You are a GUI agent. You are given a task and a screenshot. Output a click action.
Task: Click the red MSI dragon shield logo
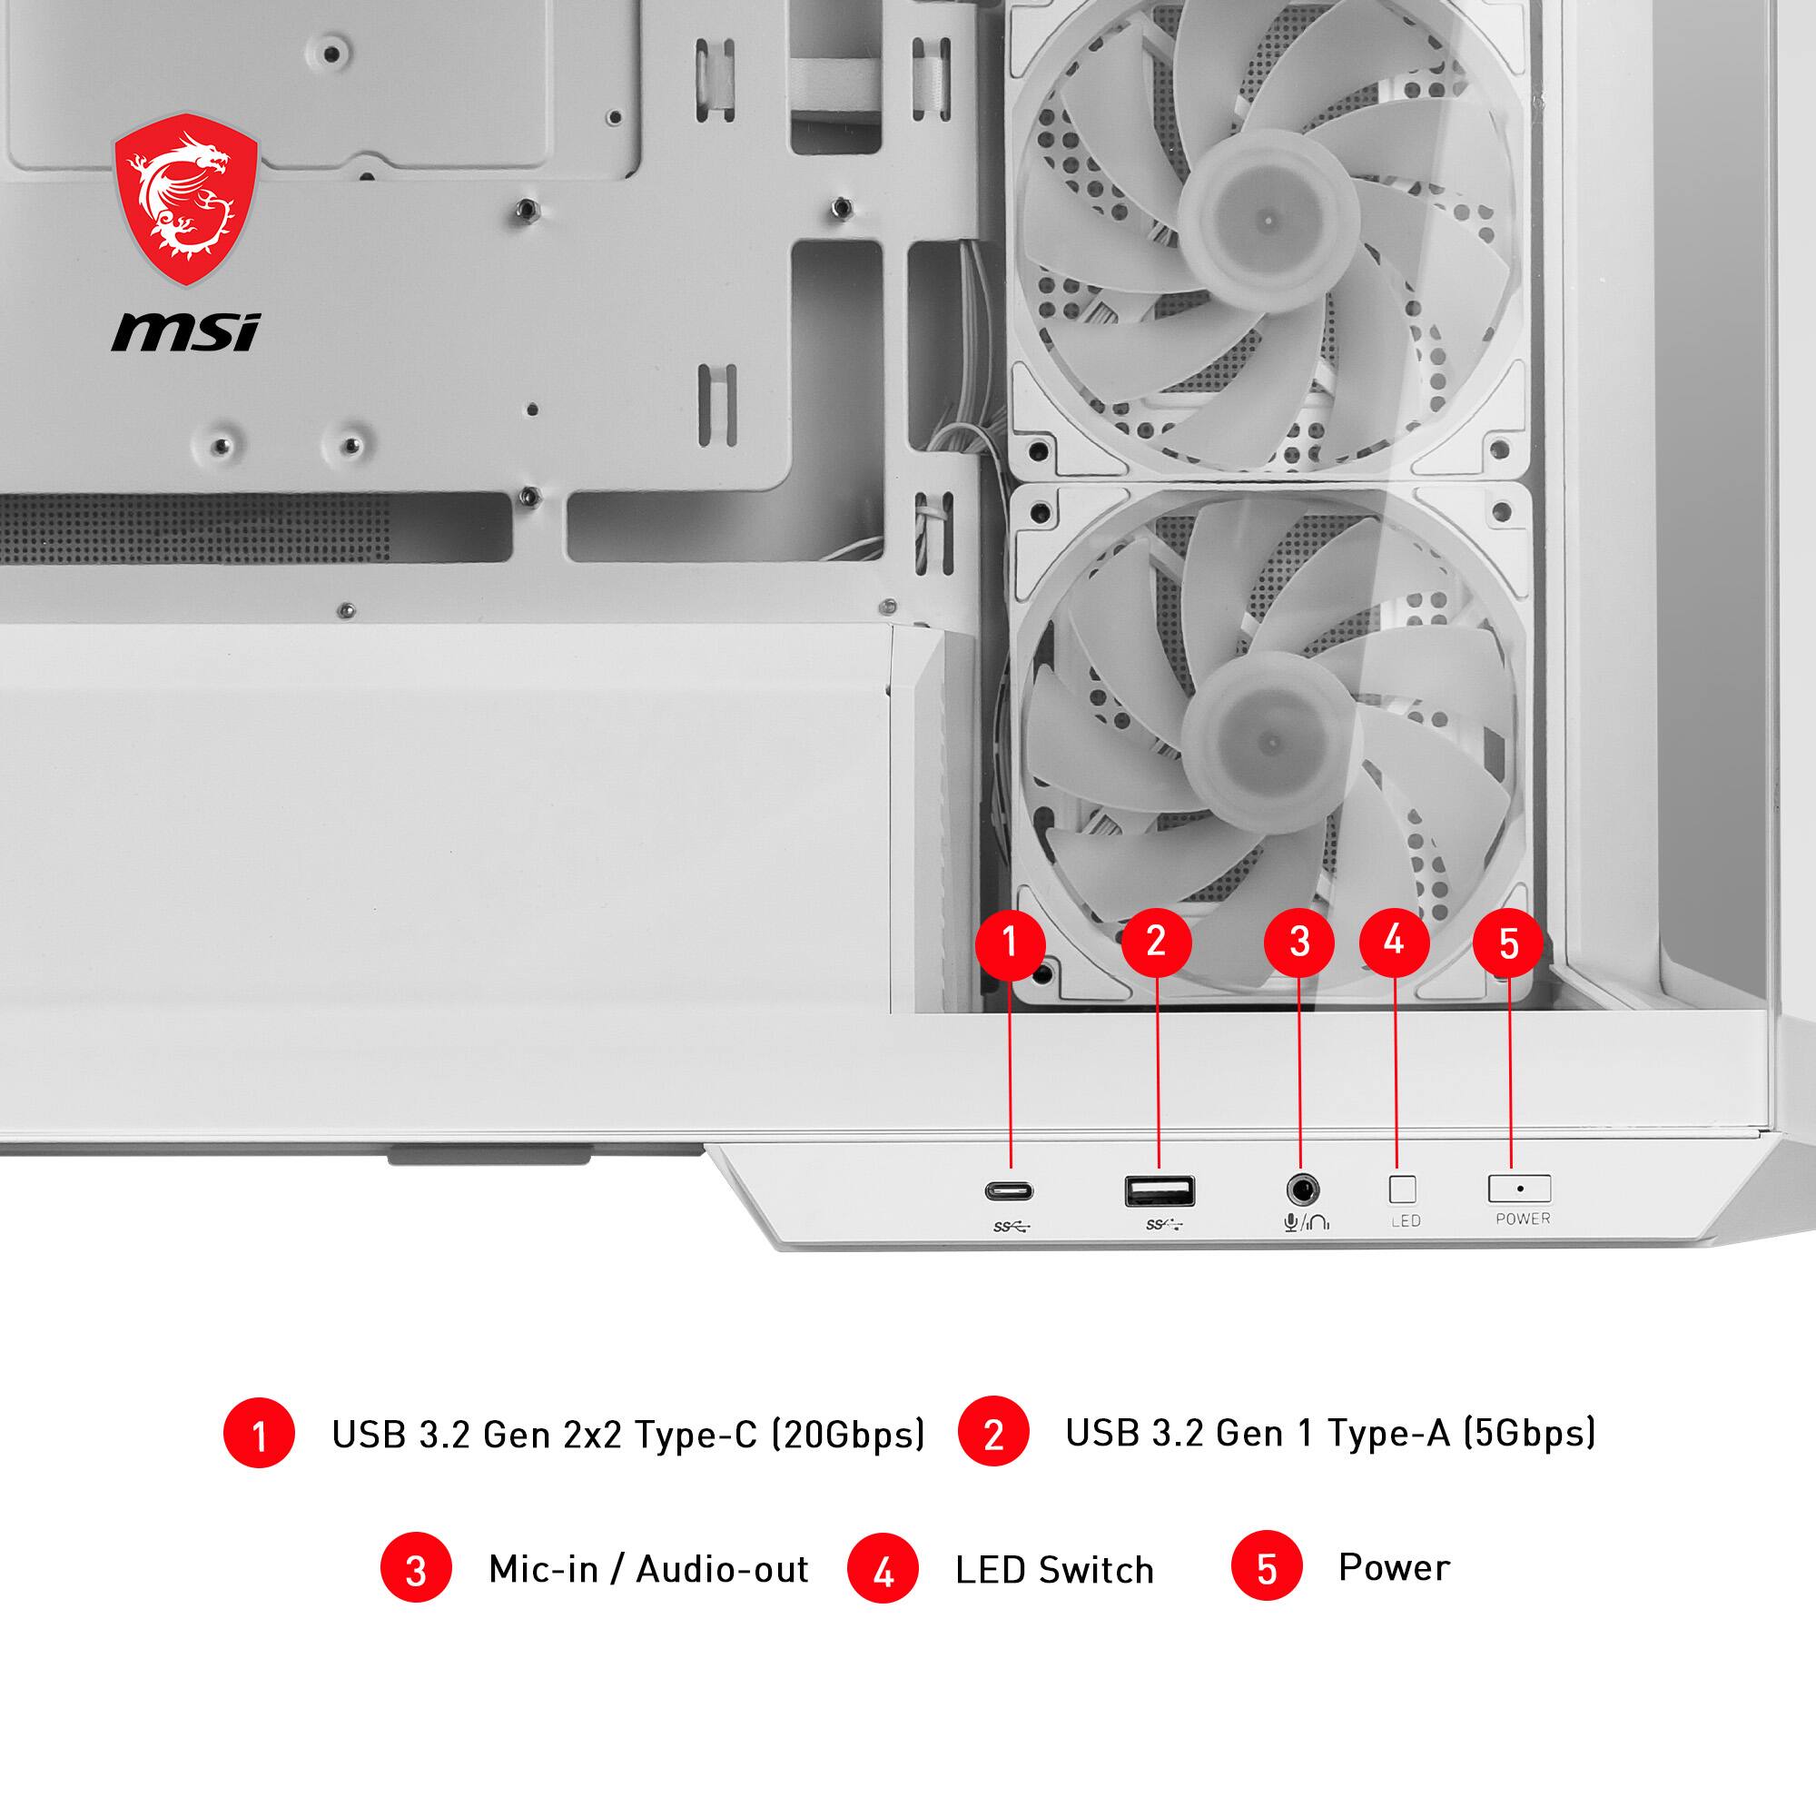(185, 199)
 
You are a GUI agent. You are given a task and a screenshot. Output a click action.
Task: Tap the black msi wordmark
(185, 332)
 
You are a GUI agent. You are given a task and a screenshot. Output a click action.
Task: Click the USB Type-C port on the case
(1009, 1192)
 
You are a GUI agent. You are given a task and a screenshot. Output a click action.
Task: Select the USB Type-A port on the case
(1159, 1191)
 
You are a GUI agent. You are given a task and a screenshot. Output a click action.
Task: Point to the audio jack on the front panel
(1302, 1191)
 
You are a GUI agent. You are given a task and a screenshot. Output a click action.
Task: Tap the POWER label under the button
(1523, 1219)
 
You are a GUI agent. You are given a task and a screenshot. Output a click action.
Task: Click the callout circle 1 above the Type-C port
(1011, 942)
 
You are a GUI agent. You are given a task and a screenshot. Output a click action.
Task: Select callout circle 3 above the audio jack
(1299, 942)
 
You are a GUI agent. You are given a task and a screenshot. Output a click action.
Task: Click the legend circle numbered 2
(992, 1435)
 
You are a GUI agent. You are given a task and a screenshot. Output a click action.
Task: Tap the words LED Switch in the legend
(1053, 1570)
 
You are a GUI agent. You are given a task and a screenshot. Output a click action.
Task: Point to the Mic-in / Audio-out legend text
(647, 1569)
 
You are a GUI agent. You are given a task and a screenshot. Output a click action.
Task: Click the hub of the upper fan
(1268, 221)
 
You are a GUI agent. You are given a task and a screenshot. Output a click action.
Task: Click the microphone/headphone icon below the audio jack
(1306, 1223)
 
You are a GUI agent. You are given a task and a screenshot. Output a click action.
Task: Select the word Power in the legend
(1394, 1567)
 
